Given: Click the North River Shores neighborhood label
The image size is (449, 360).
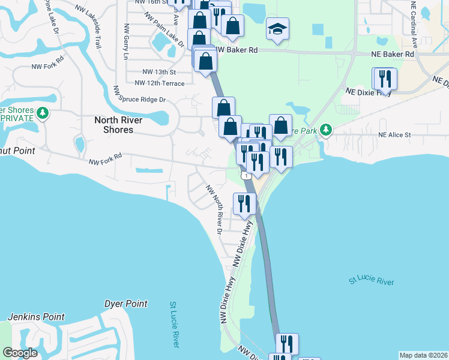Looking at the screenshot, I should click(x=118, y=125).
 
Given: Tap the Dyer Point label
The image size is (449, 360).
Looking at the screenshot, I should click(x=125, y=304).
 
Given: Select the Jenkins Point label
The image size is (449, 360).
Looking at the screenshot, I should click(x=36, y=317).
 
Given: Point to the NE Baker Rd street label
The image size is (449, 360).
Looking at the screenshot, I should click(x=393, y=54).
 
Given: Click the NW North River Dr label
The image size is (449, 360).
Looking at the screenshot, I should click(x=214, y=209).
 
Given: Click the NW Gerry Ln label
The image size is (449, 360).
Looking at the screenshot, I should click(x=126, y=41).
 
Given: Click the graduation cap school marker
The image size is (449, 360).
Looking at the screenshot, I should click(x=277, y=29).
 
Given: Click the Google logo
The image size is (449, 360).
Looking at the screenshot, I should click(x=20, y=353).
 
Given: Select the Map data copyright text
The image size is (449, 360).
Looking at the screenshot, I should click(x=423, y=355).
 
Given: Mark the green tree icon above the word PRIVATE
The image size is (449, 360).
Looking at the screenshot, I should click(x=42, y=112).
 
